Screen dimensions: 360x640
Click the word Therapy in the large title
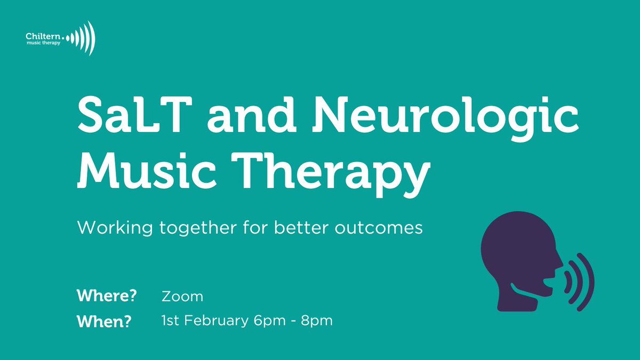345,170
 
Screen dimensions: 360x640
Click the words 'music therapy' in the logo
43,44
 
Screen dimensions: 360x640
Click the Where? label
107,296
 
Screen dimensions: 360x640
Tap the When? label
103,322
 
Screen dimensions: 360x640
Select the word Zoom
182,296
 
